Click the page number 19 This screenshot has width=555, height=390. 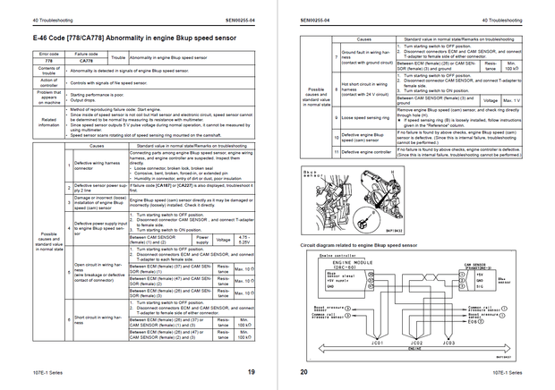tap(252, 371)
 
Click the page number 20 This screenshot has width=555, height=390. tap(303, 371)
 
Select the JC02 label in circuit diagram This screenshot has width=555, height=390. tap(415, 342)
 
